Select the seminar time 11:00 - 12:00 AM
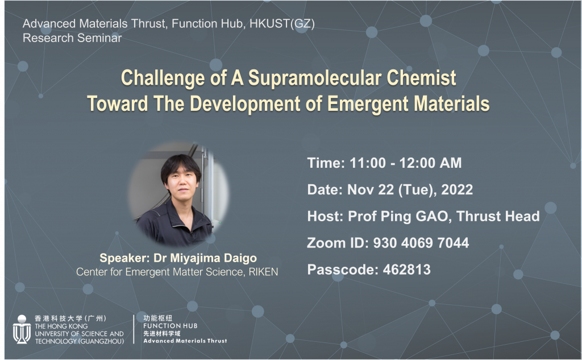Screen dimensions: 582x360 coord(405,163)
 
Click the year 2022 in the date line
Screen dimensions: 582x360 coord(457,190)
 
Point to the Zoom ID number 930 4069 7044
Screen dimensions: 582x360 coord(421,243)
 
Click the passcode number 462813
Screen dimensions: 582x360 coord(406,270)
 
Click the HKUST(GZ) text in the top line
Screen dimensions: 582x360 coord(282,24)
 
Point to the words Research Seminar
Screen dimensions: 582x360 coord(72,38)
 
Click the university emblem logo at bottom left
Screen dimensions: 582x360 coord(22,329)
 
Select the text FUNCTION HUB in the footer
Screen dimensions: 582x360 coord(171,326)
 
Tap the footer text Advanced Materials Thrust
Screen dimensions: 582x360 coord(185,341)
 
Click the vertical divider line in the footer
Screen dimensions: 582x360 coord(134,329)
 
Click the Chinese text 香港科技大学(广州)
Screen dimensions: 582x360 coord(70,318)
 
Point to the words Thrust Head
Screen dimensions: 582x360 coord(498,216)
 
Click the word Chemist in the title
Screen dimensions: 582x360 coord(421,78)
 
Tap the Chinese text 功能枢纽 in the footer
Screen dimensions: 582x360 coord(158,318)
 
